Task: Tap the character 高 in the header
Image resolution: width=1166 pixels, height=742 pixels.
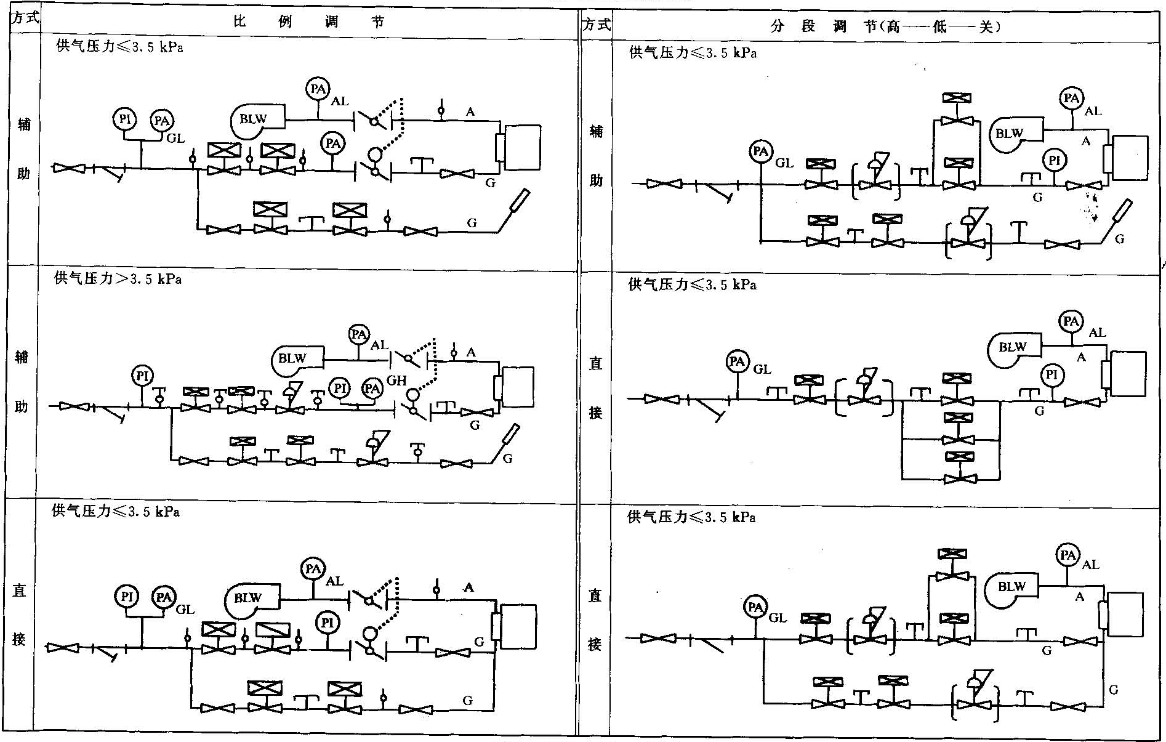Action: pos(894,26)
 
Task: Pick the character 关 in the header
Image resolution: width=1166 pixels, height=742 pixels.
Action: pos(986,26)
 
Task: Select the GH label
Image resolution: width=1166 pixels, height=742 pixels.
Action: pos(396,381)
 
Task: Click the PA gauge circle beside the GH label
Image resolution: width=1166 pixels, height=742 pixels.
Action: pos(372,388)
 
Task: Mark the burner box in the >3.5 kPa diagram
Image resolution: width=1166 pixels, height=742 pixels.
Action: pos(516,387)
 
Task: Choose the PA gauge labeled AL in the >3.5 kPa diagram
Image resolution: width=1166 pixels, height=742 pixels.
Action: pos(358,334)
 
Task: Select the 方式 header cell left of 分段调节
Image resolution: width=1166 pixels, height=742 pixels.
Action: pos(596,25)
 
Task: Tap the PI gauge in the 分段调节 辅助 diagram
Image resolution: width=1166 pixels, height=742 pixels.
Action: pos(1054,161)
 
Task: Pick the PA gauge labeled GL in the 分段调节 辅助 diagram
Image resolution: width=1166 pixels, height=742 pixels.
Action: pos(762,151)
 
